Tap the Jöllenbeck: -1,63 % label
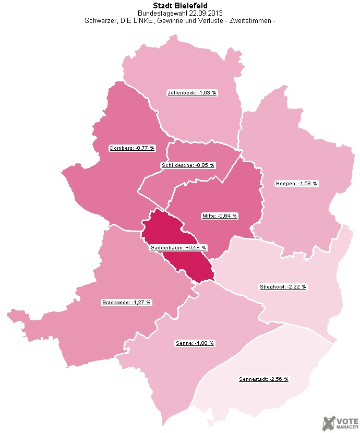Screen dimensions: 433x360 [x=191, y=93]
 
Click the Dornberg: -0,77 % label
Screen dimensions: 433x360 [x=133, y=148]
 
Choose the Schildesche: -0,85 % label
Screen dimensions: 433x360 [x=188, y=165]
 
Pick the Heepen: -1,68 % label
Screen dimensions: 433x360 [x=296, y=184]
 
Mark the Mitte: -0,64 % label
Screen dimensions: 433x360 [x=220, y=215]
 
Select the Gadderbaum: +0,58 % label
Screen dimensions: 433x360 [x=178, y=248]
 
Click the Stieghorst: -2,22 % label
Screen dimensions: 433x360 [x=283, y=287]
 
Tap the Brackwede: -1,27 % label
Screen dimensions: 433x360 [x=127, y=303]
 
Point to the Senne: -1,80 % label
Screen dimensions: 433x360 [x=194, y=343]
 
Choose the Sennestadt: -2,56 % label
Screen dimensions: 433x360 [x=263, y=379]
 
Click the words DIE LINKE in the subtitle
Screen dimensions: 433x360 [x=132, y=21]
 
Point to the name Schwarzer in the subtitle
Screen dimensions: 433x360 [x=98, y=21]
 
